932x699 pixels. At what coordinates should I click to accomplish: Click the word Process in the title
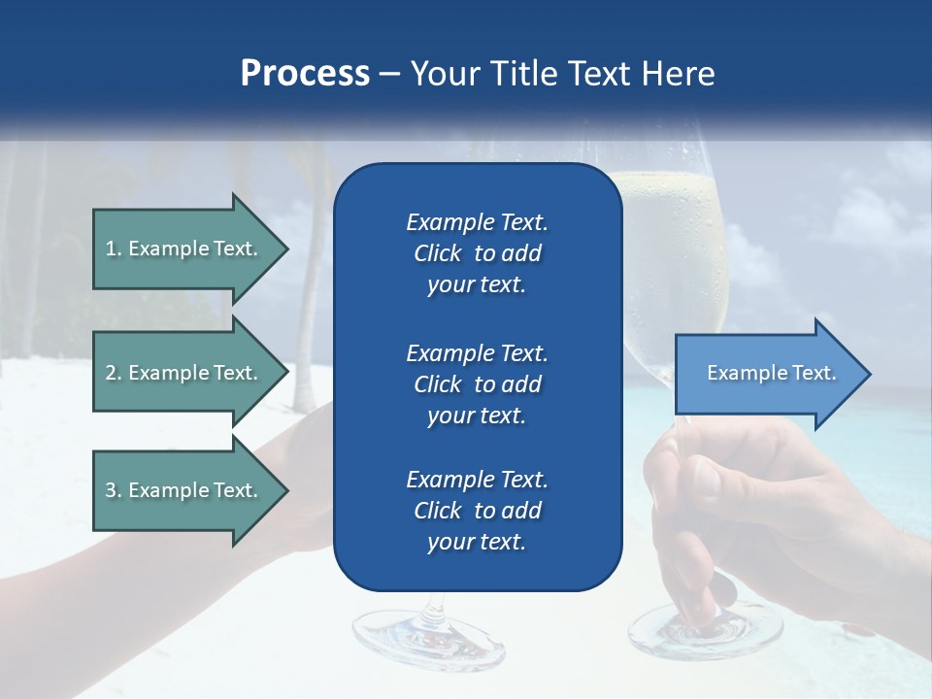point(305,74)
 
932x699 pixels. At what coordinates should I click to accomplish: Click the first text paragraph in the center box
point(477,253)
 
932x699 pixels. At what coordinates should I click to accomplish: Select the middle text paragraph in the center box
point(477,383)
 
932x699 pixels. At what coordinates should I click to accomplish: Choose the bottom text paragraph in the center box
point(477,511)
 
